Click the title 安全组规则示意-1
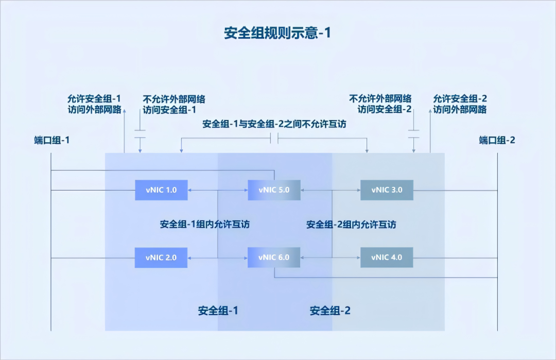277,33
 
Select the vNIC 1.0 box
161,190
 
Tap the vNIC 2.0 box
161,257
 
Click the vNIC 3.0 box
386,190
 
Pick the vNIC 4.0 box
386,257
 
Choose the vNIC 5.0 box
274,190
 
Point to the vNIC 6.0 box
274,257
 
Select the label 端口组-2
497,140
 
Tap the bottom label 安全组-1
218,311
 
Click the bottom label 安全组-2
330,311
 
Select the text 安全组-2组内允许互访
351,224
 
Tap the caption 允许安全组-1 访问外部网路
94,104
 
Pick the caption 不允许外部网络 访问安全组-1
170,104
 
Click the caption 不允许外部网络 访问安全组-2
380,104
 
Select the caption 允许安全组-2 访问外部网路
460,104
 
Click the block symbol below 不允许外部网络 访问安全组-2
413,134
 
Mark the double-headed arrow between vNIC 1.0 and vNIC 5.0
218,190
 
